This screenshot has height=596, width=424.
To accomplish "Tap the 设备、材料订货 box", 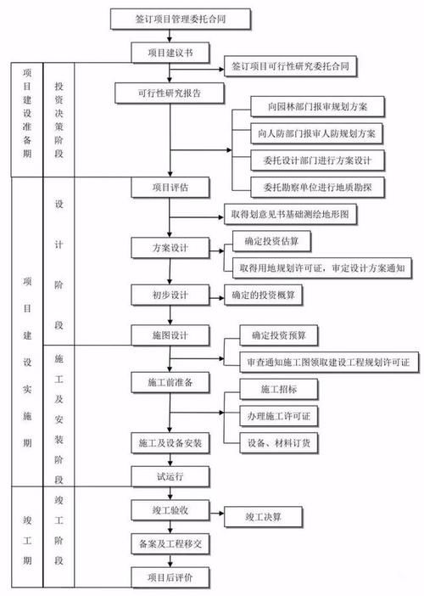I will [279, 441].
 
